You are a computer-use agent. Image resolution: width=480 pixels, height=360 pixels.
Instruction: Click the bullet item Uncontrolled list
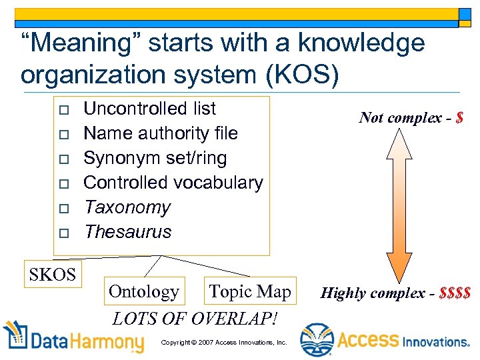pos(149,109)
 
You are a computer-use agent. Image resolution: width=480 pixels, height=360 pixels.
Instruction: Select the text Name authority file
pos(160,133)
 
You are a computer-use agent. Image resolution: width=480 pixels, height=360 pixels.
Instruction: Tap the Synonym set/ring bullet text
pos(155,158)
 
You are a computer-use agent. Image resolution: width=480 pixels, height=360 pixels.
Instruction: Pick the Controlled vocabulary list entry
pos(173,183)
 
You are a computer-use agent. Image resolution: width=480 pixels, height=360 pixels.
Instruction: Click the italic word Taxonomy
pos(127,207)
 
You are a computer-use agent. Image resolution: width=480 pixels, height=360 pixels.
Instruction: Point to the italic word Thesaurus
pos(127,232)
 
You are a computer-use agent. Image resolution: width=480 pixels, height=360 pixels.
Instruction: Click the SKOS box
pos(52,275)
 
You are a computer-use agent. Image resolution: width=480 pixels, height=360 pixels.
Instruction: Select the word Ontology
pos(143,292)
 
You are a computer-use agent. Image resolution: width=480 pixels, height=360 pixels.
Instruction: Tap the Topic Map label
pos(249,291)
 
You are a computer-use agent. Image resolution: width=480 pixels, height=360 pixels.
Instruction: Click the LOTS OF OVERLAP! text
pos(195,318)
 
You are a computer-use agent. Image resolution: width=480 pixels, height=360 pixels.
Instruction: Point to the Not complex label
pos(403,118)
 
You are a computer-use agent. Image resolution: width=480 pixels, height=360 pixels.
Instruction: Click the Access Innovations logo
pos(385,340)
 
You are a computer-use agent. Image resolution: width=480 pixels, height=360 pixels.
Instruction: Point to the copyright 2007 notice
pos(224,342)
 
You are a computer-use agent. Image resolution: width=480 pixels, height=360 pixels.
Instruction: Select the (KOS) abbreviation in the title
pos(303,75)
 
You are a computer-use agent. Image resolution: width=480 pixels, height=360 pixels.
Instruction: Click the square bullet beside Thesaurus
pos(63,233)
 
